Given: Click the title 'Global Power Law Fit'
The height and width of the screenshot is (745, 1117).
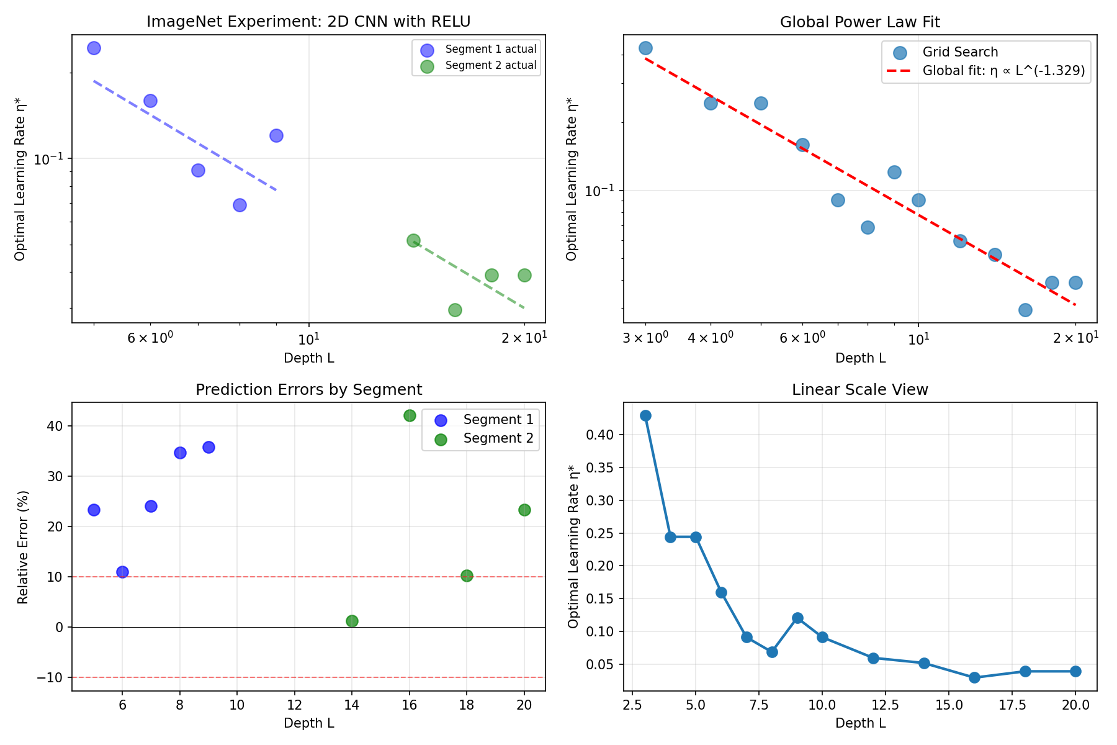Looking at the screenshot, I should (859, 22).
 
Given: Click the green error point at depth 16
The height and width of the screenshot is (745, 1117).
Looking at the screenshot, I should (410, 415).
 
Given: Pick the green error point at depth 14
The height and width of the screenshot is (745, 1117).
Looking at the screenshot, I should (352, 621).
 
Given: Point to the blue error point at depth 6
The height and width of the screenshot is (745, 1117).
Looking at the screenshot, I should (122, 572).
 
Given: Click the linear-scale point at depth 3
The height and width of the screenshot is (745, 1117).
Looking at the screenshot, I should (645, 415).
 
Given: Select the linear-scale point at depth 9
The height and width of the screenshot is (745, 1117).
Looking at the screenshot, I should (797, 618).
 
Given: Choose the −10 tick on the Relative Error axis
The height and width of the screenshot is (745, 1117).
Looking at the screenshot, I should (51, 677).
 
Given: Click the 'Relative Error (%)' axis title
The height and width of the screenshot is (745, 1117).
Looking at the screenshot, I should (23, 547).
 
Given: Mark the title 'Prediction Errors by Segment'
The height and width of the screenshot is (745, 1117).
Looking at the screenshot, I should (308, 390).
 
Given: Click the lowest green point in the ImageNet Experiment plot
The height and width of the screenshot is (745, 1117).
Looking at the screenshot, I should (455, 310).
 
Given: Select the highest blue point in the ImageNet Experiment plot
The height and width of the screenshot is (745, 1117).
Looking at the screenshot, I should (94, 48).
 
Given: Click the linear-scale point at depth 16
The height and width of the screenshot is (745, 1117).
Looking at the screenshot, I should (974, 677).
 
